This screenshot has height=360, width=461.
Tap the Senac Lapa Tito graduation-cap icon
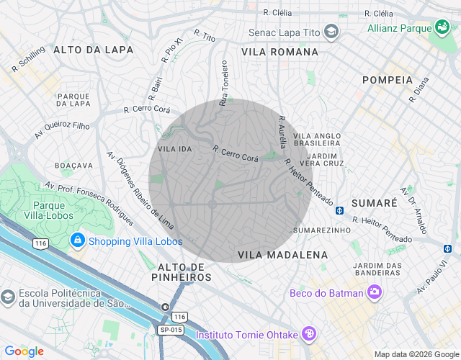[x=331, y=32]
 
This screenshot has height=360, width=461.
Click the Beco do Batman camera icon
[x=374, y=292]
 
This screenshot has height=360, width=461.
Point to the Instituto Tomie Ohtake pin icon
[x=308, y=334]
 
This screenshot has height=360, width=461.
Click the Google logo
[x=24, y=351]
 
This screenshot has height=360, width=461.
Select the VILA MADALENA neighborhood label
[x=282, y=255]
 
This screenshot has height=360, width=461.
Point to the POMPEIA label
[x=388, y=80]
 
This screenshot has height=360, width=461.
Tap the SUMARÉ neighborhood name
[x=374, y=203]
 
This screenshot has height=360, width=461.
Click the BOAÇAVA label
[x=74, y=165]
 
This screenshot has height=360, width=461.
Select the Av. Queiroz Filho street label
[x=62, y=130]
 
